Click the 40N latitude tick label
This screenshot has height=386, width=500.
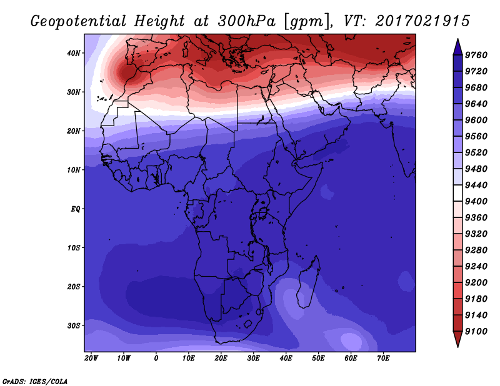coord(74,53)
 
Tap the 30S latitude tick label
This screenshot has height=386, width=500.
coord(74,326)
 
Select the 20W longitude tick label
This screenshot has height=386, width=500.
coord(91,359)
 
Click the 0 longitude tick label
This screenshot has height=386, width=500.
coord(156,359)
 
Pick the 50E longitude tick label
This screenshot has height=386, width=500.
coord(318,359)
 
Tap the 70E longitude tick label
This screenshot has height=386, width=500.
coord(383,359)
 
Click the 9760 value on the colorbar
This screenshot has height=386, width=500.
coord(476,55)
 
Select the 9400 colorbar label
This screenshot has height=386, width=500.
coord(476,202)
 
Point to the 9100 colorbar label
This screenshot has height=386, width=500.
coord(476,332)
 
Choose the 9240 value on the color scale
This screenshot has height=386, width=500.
coord(476,267)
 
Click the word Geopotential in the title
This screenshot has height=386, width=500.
coord(79,21)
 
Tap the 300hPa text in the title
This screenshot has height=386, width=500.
coord(246,21)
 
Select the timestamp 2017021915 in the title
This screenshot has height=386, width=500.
coord(422,21)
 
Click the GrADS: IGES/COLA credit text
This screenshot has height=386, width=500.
coord(35,382)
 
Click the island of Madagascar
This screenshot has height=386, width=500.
coord(308,284)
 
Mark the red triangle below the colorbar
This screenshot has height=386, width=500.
coord(457,339)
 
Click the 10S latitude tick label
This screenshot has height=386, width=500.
coord(74,248)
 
